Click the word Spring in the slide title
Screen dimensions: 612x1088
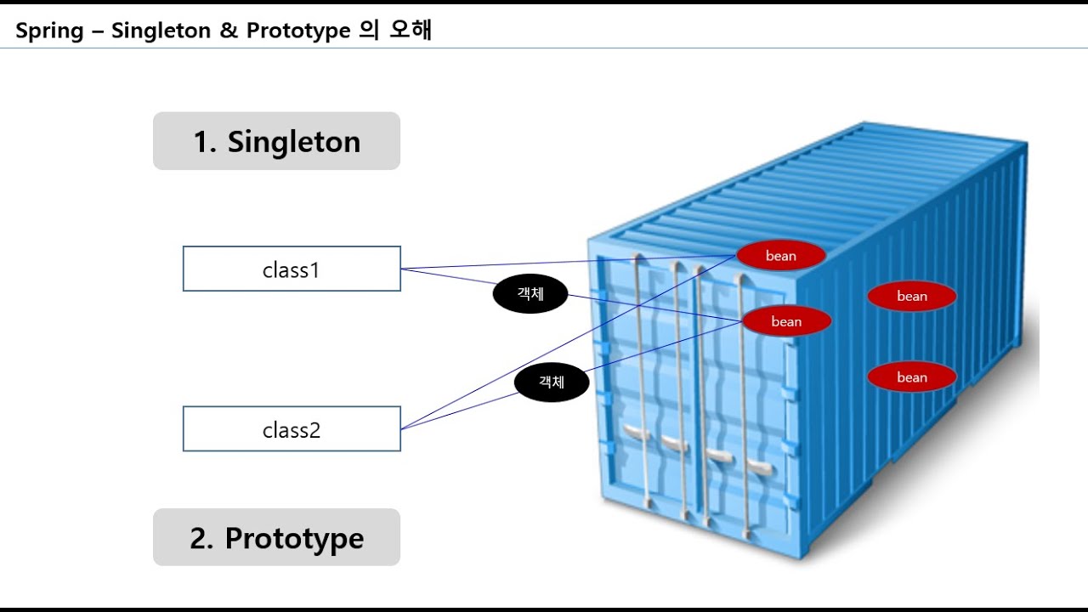49,31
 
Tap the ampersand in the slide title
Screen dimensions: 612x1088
228,31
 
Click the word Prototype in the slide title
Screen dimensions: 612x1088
298,31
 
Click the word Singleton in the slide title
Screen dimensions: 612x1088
161,31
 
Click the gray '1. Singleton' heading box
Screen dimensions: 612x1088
276,141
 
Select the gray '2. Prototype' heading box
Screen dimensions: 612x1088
276,537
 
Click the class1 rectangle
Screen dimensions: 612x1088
292,269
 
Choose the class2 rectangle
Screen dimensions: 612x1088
292,429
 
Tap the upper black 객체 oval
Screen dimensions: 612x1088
530,294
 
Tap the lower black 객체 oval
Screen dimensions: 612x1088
552,382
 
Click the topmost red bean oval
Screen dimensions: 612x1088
780,256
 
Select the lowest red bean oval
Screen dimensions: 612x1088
911,377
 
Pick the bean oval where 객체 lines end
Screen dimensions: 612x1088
785,321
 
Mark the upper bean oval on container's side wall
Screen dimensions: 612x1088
911,296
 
